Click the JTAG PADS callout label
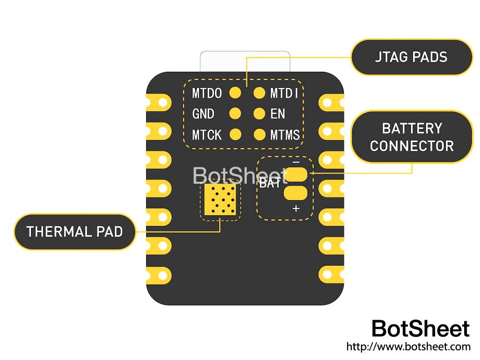[x=411, y=57]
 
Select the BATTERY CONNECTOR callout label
[x=411, y=137]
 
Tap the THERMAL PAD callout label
[x=74, y=232]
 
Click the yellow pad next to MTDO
[x=235, y=93]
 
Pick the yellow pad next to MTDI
[x=259, y=93]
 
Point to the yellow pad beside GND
[x=235, y=114]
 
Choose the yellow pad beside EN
[x=259, y=114]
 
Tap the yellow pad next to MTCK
[x=235, y=134]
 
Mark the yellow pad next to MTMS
[x=259, y=134]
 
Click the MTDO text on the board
[x=207, y=93]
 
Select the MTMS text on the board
[x=285, y=135]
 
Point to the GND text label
[x=203, y=114]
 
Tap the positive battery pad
[x=296, y=193]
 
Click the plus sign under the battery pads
[x=296, y=208]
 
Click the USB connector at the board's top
[x=245, y=61]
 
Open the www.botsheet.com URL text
[x=408, y=346]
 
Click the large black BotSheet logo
[x=420, y=329]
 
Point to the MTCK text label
[x=207, y=135]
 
